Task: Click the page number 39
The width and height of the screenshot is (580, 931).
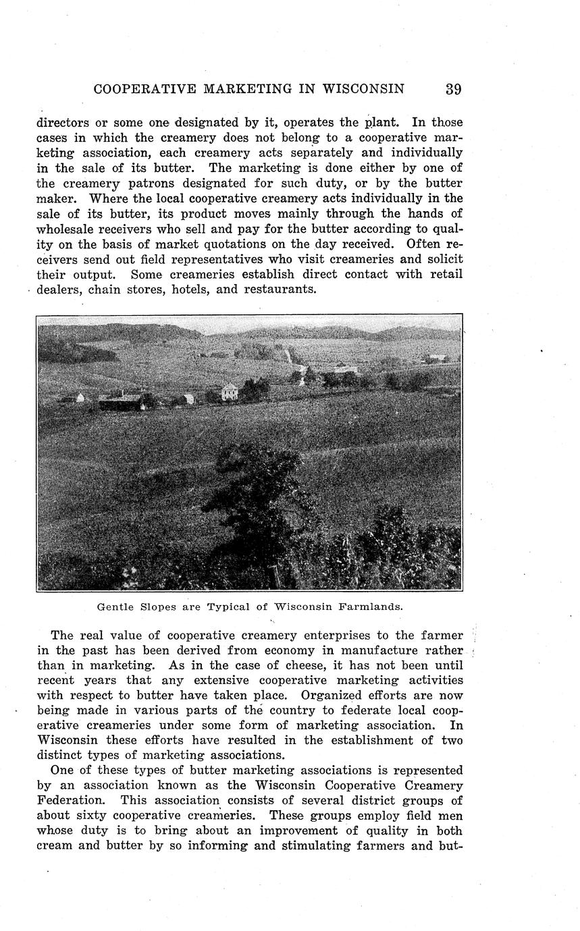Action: [453, 89]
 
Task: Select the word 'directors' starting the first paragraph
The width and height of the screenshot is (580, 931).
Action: [63, 123]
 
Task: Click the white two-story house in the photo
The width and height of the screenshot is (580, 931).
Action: [230, 391]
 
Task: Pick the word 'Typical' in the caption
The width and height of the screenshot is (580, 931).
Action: [228, 606]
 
